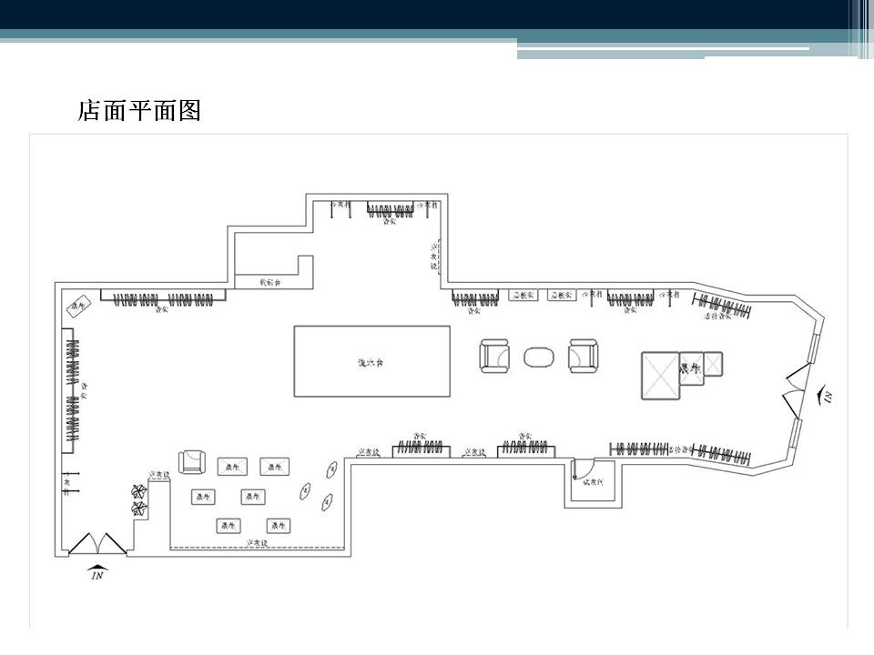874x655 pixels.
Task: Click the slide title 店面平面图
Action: [138, 112]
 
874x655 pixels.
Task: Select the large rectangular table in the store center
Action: [371, 361]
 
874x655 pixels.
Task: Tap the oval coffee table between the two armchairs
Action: [540, 357]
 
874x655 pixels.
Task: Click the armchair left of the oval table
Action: [495, 356]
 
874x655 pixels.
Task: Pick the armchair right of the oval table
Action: [583, 356]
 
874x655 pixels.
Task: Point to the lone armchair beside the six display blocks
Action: [193, 462]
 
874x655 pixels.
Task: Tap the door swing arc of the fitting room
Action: [579, 471]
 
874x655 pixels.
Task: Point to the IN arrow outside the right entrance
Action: [827, 394]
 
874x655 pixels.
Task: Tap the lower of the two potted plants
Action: [138, 508]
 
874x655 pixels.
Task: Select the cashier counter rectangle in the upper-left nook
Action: [265, 281]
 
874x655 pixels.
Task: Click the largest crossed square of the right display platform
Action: [661, 375]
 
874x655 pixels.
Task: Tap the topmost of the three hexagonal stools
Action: [331, 469]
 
